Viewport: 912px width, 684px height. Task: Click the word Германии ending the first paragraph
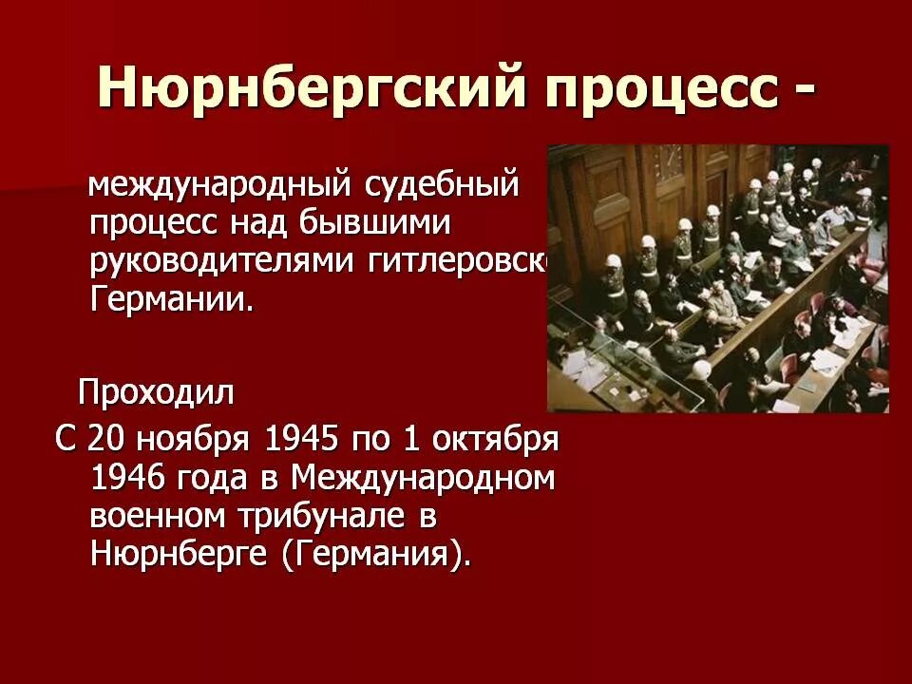[x=172, y=299]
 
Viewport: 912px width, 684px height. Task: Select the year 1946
[x=130, y=477]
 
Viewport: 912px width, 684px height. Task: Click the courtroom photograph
[x=717, y=278]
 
